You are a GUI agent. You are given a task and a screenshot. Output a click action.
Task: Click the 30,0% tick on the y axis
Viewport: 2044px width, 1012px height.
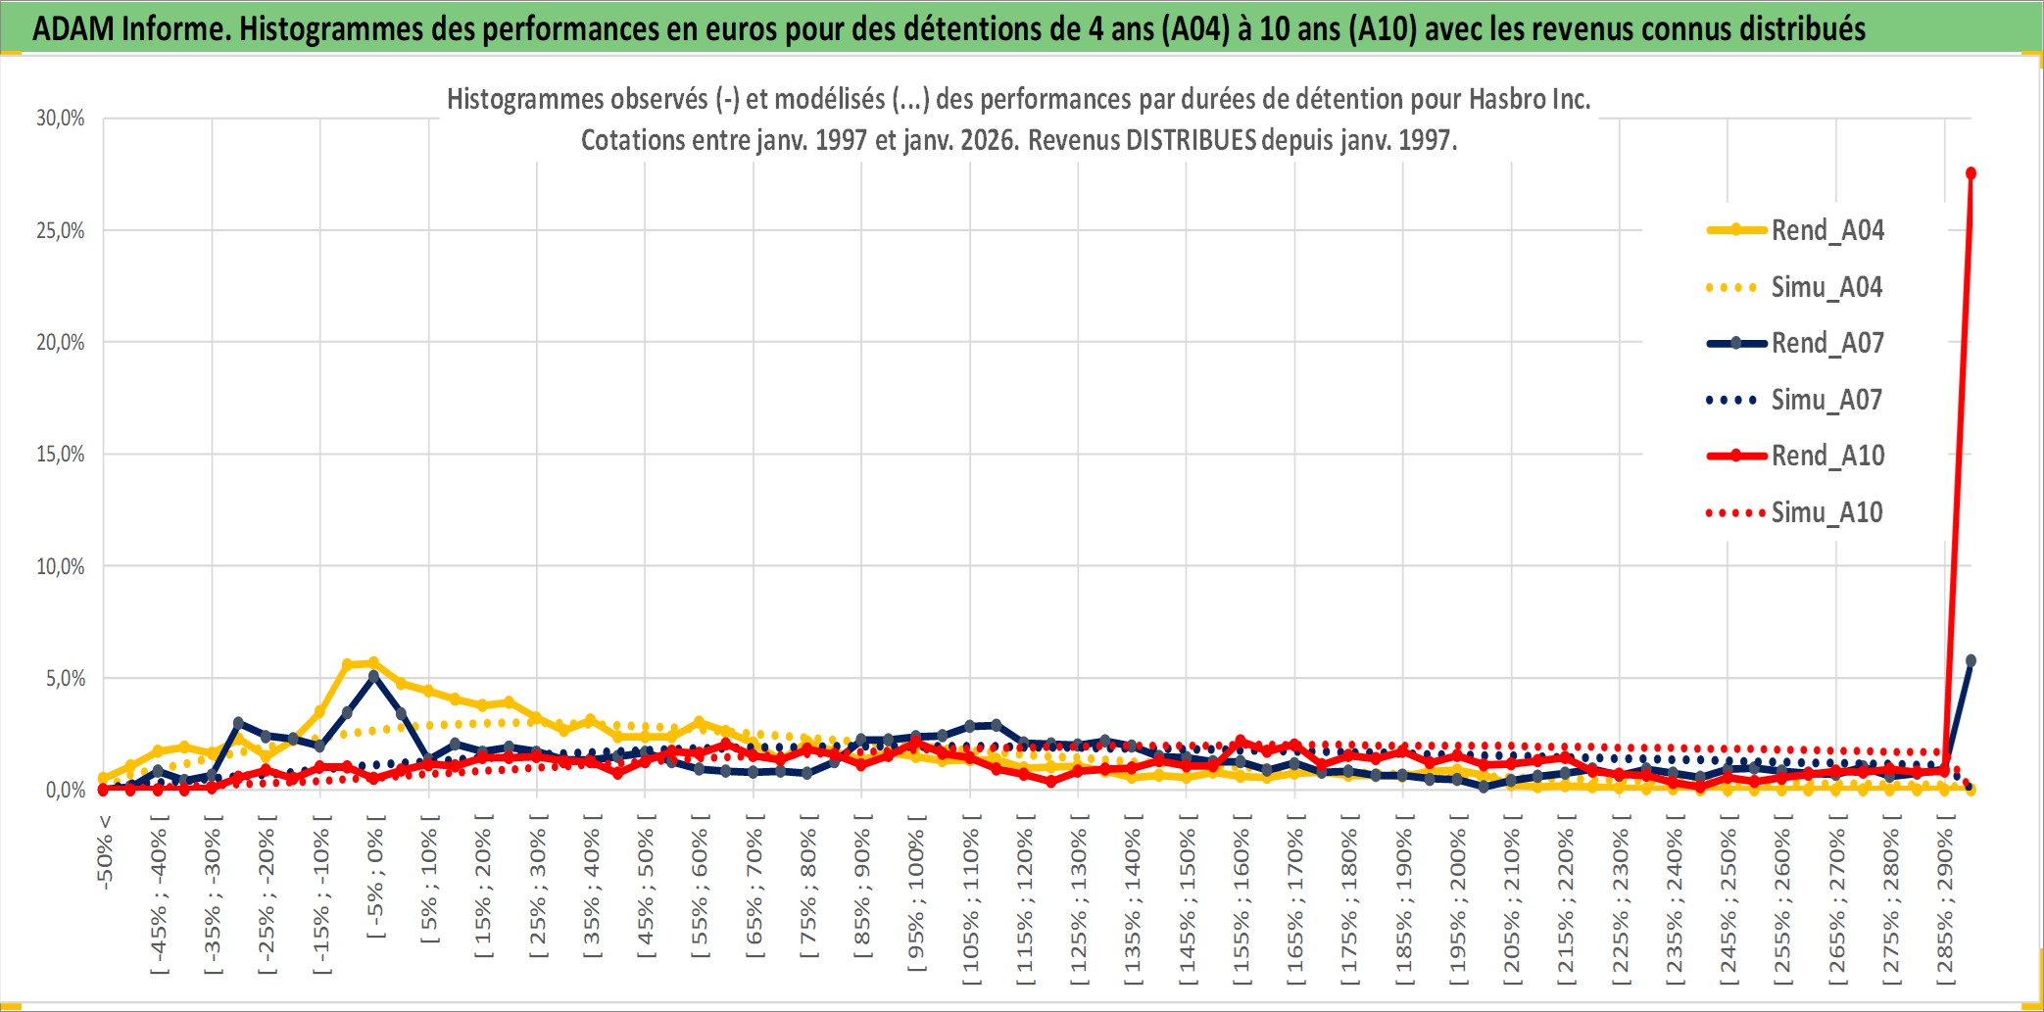(61, 119)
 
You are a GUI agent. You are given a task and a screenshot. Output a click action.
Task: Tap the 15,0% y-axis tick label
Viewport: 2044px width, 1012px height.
(61, 455)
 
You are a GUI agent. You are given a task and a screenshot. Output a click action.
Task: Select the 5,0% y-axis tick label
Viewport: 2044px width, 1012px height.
(65, 679)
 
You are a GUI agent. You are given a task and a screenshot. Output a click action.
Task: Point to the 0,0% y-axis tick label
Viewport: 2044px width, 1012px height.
(65, 791)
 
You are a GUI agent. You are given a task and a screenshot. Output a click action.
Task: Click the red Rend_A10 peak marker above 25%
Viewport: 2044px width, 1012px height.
(1971, 173)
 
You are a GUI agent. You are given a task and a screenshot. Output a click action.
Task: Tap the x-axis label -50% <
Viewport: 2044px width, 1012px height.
(105, 852)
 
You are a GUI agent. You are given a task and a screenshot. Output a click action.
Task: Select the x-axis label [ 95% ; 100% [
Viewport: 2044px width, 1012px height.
(916, 899)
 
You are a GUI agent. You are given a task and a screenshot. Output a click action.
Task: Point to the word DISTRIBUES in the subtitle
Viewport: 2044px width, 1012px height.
(1191, 140)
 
